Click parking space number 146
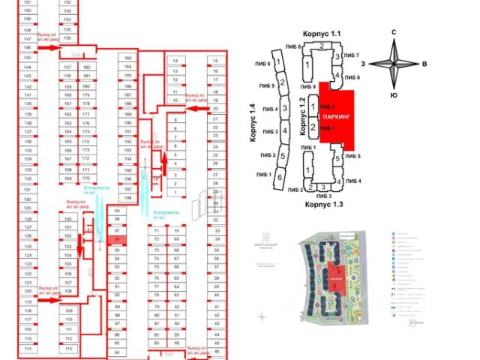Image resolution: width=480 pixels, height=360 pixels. point(27,47)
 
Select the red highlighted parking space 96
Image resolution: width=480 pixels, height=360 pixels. point(116,240)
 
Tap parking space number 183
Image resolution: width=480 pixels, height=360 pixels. point(127,58)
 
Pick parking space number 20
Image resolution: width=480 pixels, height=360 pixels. point(215,109)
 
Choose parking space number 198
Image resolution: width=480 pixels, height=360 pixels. point(127,198)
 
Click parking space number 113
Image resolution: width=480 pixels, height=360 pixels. point(68,339)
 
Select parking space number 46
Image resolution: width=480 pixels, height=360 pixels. point(215,351)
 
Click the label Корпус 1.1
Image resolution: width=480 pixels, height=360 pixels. point(321,34)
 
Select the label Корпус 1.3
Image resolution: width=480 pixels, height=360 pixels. point(322,203)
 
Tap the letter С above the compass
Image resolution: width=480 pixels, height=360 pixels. point(394,31)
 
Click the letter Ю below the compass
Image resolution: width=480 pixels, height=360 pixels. point(394,95)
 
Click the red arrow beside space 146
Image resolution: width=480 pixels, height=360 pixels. point(51,47)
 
